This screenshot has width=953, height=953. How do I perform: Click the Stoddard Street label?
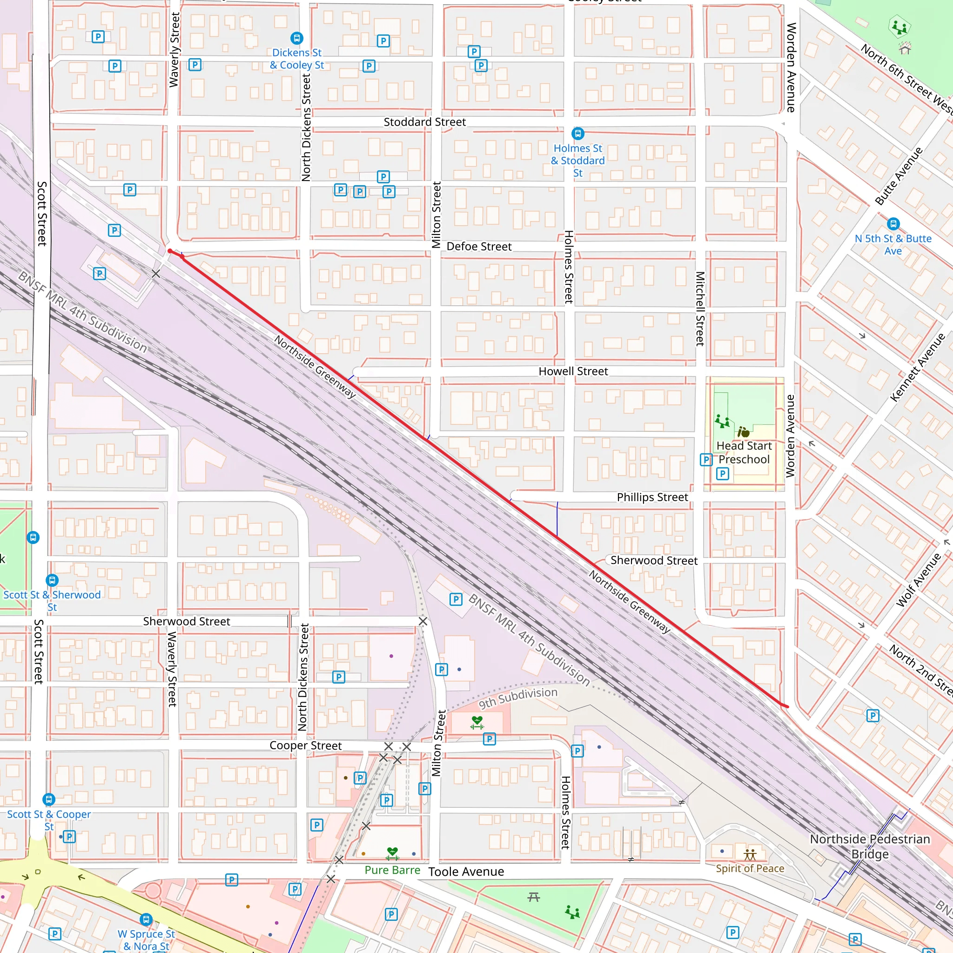coord(424,122)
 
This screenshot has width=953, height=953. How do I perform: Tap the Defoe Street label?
coord(478,246)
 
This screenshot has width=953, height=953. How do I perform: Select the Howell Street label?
coord(573,371)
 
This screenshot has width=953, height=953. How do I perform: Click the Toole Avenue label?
coord(466,872)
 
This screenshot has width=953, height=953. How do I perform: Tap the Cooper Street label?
coord(305,745)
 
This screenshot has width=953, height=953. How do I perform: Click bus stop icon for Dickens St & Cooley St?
coord(296,38)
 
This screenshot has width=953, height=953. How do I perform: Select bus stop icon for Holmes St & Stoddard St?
coord(577,133)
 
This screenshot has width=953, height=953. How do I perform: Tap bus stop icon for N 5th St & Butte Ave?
coord(893,224)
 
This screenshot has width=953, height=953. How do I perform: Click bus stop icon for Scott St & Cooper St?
coord(48,799)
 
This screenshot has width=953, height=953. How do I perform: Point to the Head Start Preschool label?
coord(744,452)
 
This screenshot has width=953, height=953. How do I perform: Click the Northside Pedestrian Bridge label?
coord(870,846)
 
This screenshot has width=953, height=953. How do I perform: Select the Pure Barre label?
coord(392,870)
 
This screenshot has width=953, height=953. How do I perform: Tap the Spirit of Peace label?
coord(750,868)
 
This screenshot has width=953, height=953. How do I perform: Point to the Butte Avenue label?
coord(898,176)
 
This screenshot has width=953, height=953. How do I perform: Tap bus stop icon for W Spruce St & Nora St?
coord(146,919)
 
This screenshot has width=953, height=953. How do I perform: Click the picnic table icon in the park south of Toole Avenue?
coord(534,896)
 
